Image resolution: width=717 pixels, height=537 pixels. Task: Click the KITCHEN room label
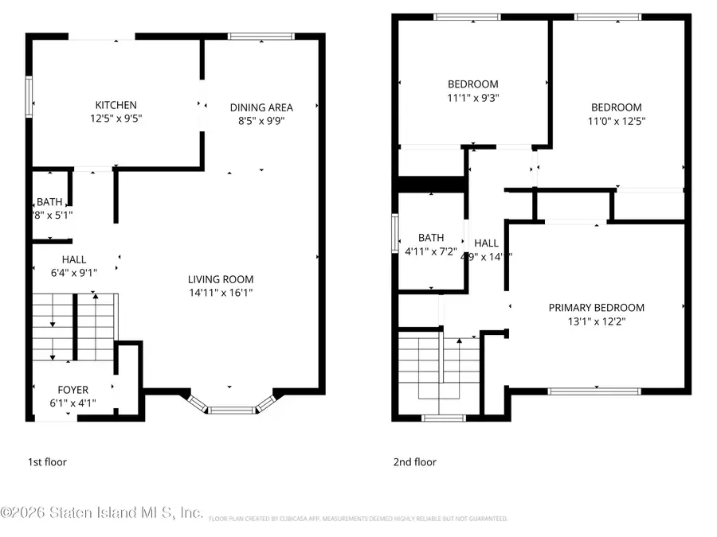pyautogui.click(x=116, y=105)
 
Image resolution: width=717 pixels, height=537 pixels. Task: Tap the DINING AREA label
pyautogui.click(x=261, y=107)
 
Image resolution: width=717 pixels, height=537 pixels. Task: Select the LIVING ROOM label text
pyautogui.click(x=221, y=279)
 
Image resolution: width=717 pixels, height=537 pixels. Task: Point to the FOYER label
pyautogui.click(x=72, y=390)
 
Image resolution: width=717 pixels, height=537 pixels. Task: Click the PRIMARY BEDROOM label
pyautogui.click(x=596, y=308)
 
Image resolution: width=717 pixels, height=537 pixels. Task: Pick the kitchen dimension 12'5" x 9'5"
pyautogui.click(x=116, y=119)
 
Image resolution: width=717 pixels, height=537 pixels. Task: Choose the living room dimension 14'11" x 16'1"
pyautogui.click(x=221, y=293)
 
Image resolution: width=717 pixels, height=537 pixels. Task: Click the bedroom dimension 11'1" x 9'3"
pyautogui.click(x=472, y=98)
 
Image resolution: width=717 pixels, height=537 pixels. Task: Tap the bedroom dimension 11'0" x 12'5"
pyautogui.click(x=616, y=121)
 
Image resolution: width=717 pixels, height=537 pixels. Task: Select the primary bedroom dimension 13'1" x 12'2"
pyautogui.click(x=596, y=321)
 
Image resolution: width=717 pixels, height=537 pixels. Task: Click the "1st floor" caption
pyautogui.click(x=48, y=461)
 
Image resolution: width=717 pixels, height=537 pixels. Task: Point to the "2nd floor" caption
pyautogui.click(x=414, y=461)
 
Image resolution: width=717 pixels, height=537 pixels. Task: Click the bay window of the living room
pyautogui.click(x=232, y=409)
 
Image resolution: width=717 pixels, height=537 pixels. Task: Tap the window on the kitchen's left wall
pyautogui.click(x=29, y=95)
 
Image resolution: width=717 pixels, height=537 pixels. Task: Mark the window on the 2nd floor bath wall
pyautogui.click(x=396, y=234)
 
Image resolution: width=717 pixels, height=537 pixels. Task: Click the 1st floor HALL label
pyautogui.click(x=74, y=259)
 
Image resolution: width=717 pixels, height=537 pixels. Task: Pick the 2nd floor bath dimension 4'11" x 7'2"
pyautogui.click(x=431, y=251)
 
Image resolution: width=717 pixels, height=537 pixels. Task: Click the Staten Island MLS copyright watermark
pyautogui.click(x=102, y=513)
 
